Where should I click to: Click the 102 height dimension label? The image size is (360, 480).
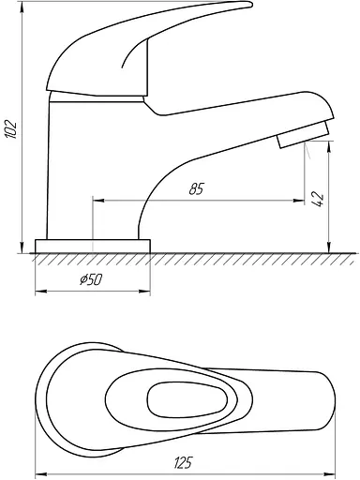click(x=10, y=128)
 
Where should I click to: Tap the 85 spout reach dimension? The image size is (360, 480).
click(x=197, y=189)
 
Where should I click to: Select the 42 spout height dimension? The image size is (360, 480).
click(x=318, y=200)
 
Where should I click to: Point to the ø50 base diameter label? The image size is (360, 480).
click(x=91, y=279)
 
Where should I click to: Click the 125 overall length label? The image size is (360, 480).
click(x=184, y=462)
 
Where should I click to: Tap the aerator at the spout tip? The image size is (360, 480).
click(x=303, y=135)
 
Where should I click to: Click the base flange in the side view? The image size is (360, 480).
click(x=93, y=247)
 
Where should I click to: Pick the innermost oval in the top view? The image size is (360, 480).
click(x=187, y=399)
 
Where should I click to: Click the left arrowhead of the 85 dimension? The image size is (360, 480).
click(x=98, y=201)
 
